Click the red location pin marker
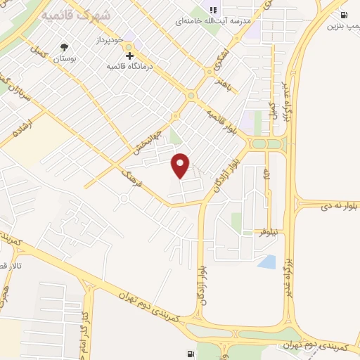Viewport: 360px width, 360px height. [x=181, y=165]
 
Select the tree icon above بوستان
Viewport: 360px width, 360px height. [x=66, y=49]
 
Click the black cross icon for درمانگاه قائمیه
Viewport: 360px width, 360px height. [x=129, y=56]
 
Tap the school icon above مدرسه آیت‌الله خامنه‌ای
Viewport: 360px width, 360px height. [x=213, y=10]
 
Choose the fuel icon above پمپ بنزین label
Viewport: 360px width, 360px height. [x=344, y=15]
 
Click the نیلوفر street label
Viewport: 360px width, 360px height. [x=268, y=233]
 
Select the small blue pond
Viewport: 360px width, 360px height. [x=267, y=262]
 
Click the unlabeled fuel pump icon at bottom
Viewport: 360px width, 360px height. [x=191, y=354]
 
